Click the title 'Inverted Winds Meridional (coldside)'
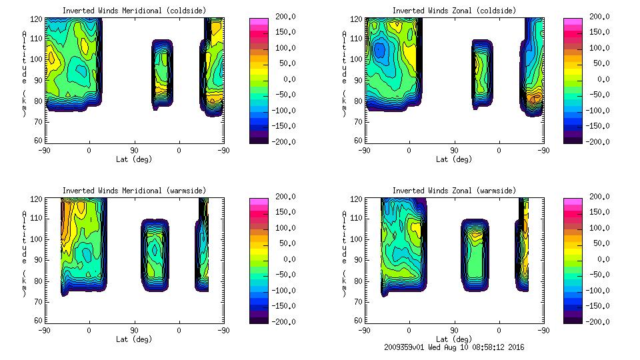pos(134,11)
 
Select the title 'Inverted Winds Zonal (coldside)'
pos(454,11)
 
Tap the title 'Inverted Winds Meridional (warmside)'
pos(134,191)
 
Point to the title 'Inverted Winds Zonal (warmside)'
pos(454,191)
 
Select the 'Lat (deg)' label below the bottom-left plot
pos(134,339)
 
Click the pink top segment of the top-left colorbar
pos(258,21)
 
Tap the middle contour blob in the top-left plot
pos(161,73)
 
